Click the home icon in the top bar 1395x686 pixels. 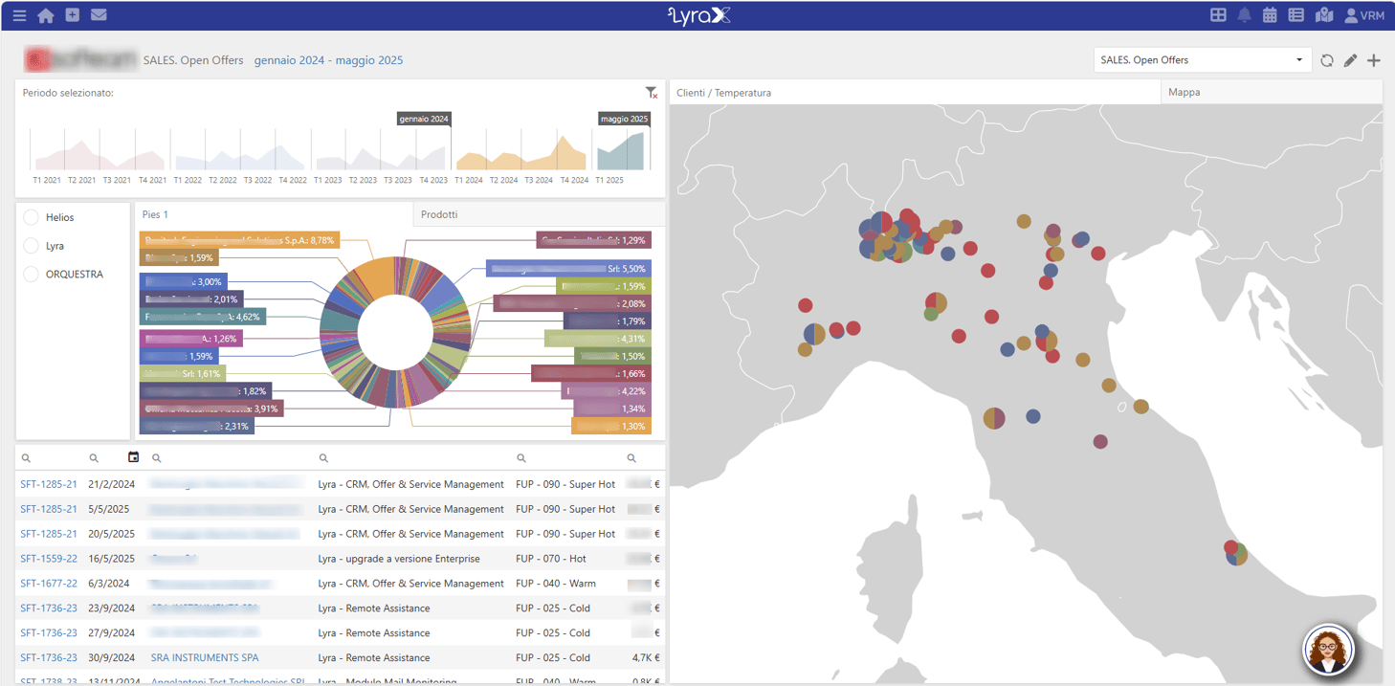pyautogui.click(x=45, y=15)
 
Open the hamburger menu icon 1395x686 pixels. pyautogui.click(x=19, y=15)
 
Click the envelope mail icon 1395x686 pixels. pyautogui.click(x=99, y=15)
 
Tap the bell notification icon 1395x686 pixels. pyautogui.click(x=1245, y=15)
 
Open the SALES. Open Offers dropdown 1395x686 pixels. pyautogui.click(x=1202, y=60)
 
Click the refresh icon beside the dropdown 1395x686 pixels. pyautogui.click(x=1327, y=60)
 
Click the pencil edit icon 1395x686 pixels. pyautogui.click(x=1350, y=60)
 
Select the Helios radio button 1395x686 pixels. pyautogui.click(x=31, y=217)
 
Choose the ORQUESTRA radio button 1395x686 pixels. pyautogui.click(x=31, y=275)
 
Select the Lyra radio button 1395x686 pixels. pyautogui.click(x=31, y=246)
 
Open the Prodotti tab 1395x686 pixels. pyautogui.click(x=439, y=214)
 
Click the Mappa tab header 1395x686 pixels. pyautogui.click(x=1185, y=93)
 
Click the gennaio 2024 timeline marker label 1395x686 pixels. pyautogui.click(x=424, y=120)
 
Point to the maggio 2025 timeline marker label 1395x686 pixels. pyautogui.click(x=624, y=120)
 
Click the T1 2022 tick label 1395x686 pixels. pyautogui.click(x=188, y=180)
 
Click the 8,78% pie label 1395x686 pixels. pyautogui.click(x=239, y=240)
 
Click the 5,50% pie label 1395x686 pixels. pyautogui.click(x=568, y=269)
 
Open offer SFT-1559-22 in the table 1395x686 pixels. pyautogui.click(x=49, y=559)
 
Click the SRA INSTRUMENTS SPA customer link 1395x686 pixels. pyautogui.click(x=205, y=658)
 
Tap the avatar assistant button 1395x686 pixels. pyautogui.click(x=1329, y=651)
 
